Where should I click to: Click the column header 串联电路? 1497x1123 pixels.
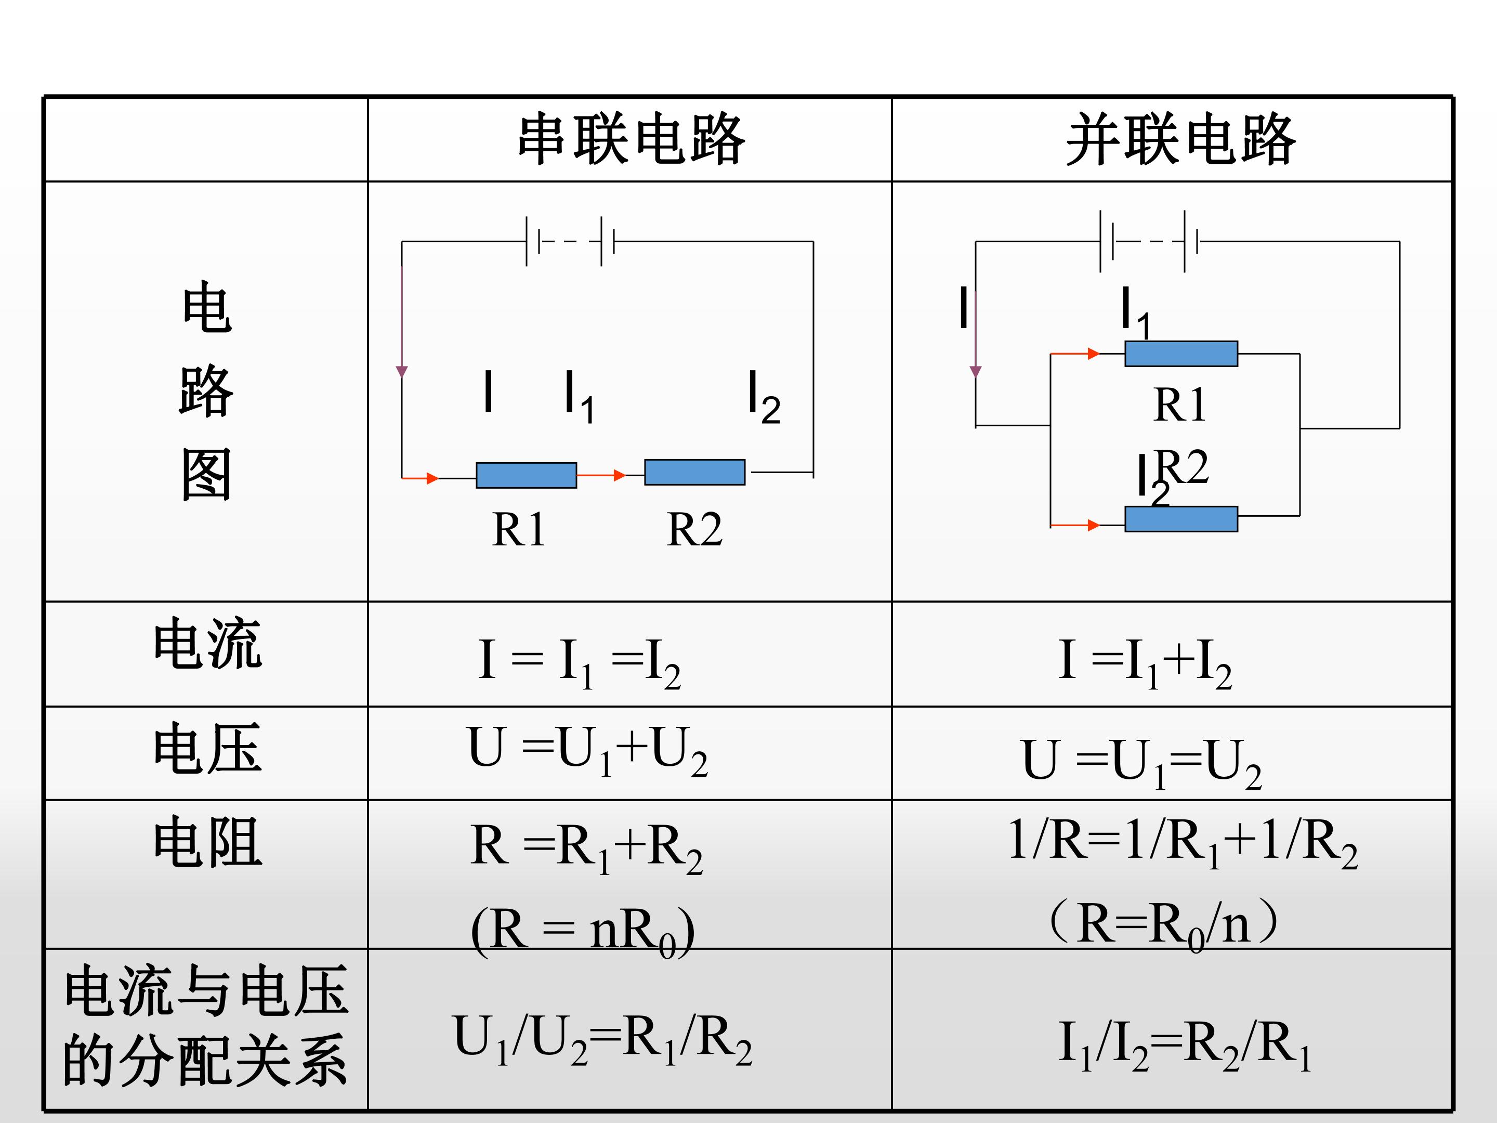pyautogui.click(x=632, y=139)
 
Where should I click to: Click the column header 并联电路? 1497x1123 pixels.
pyautogui.click(x=1181, y=139)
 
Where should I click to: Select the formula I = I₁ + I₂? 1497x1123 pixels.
pyautogui.click(x=1145, y=663)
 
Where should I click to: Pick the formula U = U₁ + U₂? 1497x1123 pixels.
pyautogui.click(x=587, y=751)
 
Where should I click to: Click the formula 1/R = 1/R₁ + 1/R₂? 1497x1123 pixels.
pyautogui.click(x=1183, y=842)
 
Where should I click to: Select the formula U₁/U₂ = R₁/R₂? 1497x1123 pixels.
pyautogui.click(x=602, y=1040)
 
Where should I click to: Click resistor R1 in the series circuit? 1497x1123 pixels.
pyautogui.click(x=527, y=475)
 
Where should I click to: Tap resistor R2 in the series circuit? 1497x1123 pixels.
pyautogui.click(x=695, y=472)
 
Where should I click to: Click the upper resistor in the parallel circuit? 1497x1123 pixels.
pyautogui.click(x=1181, y=354)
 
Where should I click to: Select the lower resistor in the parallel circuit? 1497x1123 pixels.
pyautogui.click(x=1181, y=519)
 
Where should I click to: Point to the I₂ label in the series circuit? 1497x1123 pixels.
pyautogui.click(x=764, y=397)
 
